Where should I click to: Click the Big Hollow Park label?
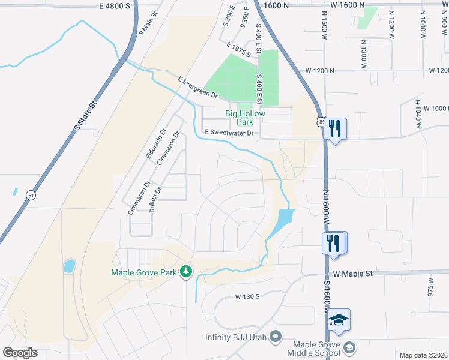tap(245, 117)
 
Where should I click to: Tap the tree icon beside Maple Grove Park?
tap(187, 272)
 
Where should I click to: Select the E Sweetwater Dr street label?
tap(230, 132)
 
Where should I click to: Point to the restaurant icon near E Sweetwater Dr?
tap(335, 128)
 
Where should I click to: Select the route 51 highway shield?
tap(31, 194)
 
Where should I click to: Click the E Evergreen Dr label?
tap(197, 87)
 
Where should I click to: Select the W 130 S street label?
tap(247, 296)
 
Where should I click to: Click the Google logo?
tap(20, 353)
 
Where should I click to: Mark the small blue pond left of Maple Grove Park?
tap(69, 265)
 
